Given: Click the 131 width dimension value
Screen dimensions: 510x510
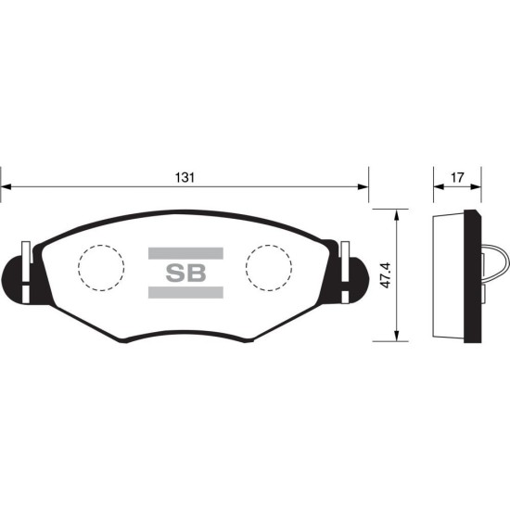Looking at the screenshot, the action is click(185, 178).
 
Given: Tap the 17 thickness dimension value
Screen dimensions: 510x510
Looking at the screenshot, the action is click(457, 178).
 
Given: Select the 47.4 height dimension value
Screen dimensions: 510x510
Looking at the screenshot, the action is click(386, 275).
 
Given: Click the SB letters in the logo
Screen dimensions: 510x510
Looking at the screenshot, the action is click(185, 273).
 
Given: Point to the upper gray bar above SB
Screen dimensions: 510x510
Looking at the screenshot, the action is click(185, 253).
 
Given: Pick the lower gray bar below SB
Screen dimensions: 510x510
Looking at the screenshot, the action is click(185, 292).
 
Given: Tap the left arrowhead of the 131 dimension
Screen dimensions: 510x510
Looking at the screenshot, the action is click(6, 187).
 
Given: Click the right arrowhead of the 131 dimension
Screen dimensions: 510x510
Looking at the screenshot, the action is click(363, 187).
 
